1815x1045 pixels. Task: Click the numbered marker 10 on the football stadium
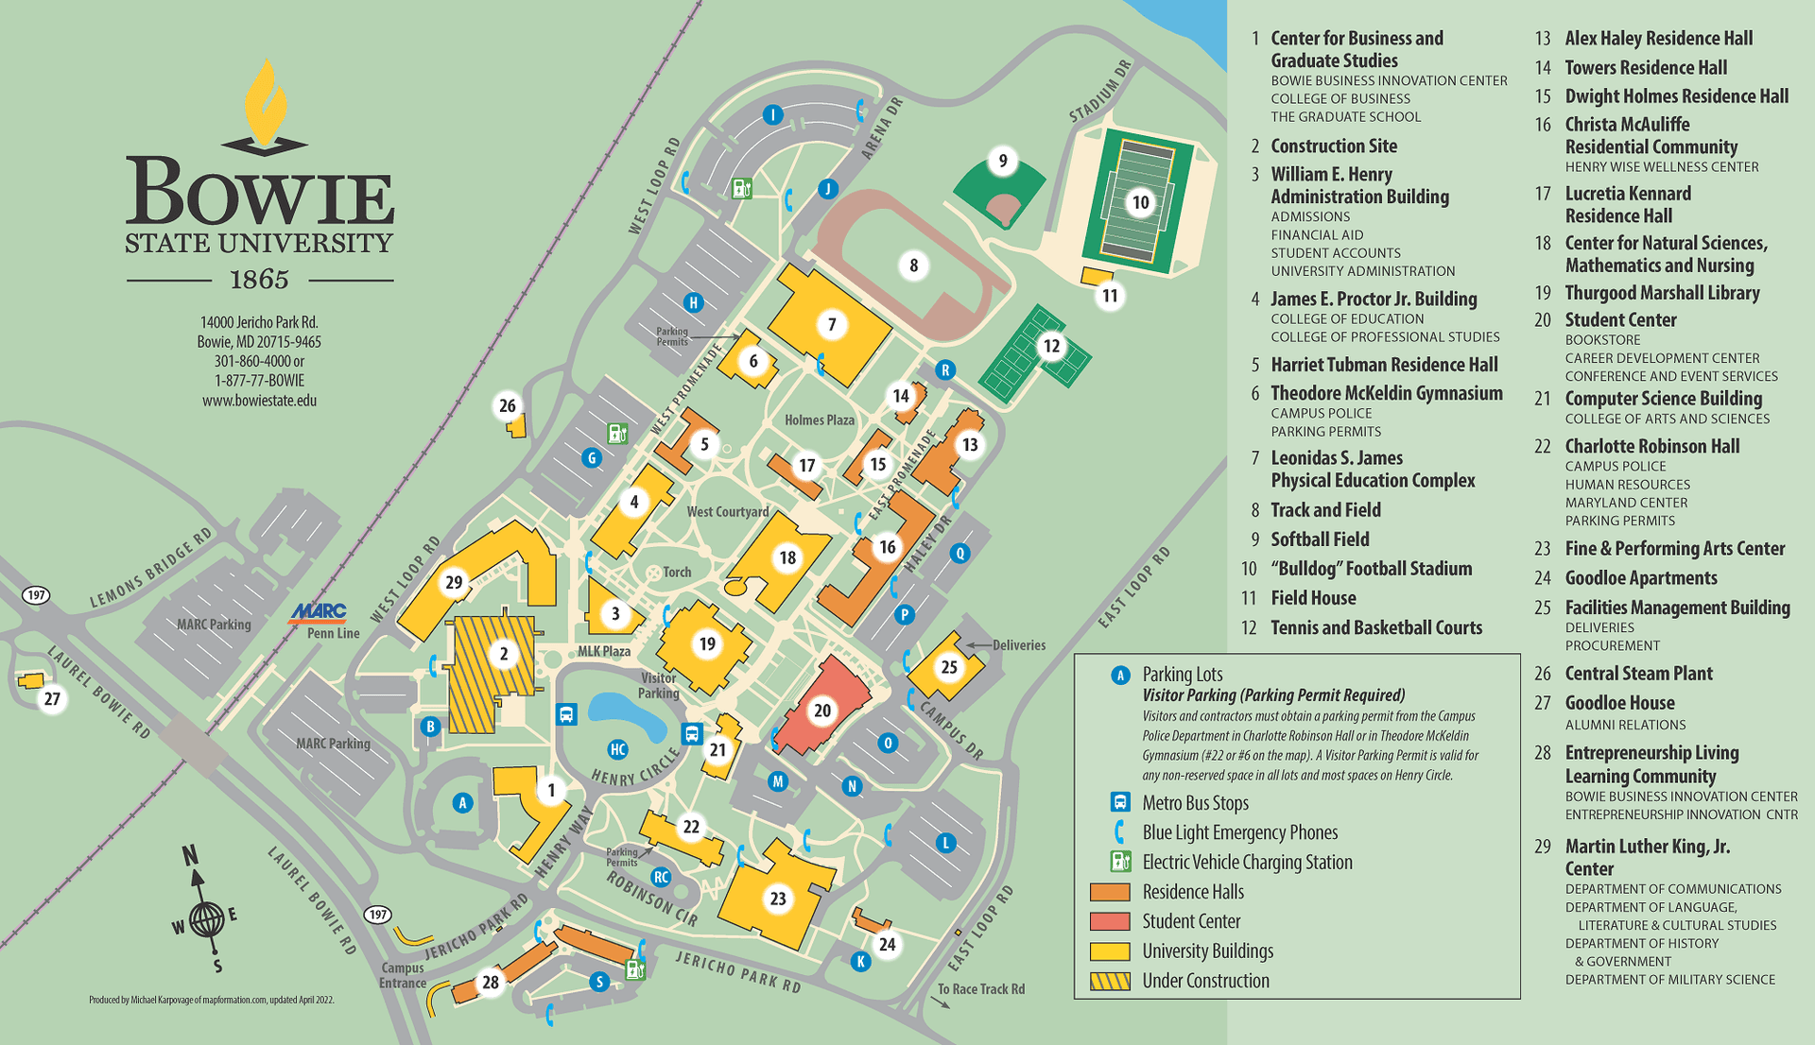[1141, 202]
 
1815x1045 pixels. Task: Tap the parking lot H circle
[693, 302]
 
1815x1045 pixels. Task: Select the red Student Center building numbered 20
[821, 710]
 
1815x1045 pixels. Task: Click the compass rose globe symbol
[206, 918]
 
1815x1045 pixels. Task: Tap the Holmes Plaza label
[819, 420]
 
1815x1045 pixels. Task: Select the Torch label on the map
[677, 572]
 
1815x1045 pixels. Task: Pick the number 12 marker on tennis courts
[1051, 346]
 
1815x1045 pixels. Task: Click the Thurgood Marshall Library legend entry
[1662, 293]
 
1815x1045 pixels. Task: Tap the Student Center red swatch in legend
[1110, 921]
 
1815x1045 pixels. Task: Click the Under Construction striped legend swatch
[1110, 981]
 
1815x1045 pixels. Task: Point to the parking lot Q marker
[959, 553]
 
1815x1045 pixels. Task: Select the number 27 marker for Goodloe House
[52, 698]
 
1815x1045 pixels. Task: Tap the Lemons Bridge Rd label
[151, 568]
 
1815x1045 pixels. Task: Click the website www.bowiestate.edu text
[259, 401]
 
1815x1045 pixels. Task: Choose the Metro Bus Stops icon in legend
[1120, 802]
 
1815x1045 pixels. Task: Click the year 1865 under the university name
[259, 280]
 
